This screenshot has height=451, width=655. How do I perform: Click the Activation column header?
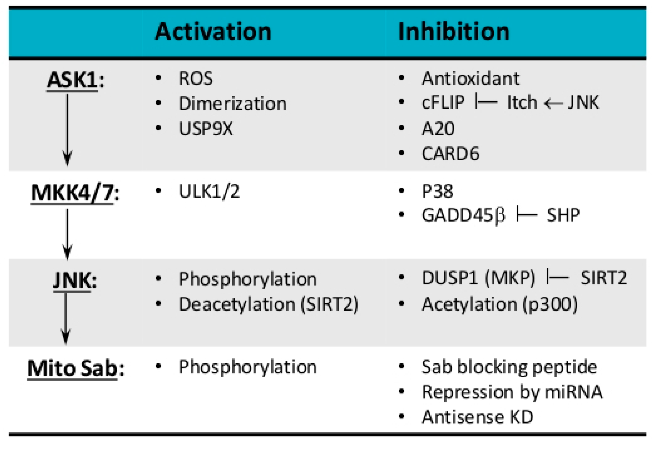click(x=213, y=31)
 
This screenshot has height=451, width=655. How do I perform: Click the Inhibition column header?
click(x=454, y=31)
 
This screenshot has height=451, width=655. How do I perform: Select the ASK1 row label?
click(x=73, y=80)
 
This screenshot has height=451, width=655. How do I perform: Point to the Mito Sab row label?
click(x=73, y=368)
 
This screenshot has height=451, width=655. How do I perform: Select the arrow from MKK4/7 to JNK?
click(x=67, y=234)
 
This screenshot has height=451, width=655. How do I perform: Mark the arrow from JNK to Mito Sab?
click(x=66, y=318)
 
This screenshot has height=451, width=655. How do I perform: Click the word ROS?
click(x=196, y=79)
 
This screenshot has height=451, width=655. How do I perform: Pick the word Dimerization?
click(x=233, y=104)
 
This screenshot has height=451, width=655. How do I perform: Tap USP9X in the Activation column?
click(x=206, y=129)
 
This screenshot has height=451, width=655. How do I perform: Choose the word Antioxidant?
click(x=470, y=79)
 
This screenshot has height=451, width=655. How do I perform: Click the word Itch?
click(x=522, y=102)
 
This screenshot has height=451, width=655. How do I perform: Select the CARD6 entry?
click(x=450, y=154)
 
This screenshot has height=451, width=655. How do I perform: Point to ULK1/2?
click(x=209, y=191)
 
